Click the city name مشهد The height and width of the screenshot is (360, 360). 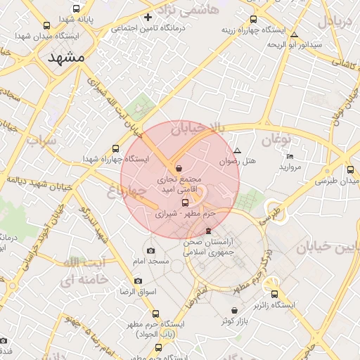67,59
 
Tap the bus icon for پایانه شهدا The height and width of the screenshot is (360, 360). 47,25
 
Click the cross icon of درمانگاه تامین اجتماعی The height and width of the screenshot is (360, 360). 148,17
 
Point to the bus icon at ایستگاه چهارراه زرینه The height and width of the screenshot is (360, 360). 253,20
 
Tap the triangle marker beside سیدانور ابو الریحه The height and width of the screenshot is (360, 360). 294,34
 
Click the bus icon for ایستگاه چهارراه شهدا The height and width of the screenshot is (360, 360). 115,149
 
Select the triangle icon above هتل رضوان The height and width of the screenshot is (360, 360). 237,151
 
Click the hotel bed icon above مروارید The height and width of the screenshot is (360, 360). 290,156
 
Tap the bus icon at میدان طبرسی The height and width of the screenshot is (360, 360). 350,169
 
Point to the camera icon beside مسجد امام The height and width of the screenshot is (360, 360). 150,251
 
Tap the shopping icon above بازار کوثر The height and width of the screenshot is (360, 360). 234,310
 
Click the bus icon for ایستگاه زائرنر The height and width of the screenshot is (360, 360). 274,295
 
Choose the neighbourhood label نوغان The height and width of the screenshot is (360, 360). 276,139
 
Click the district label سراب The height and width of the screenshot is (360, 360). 40,140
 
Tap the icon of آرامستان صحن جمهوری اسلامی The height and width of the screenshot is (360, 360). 208,231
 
